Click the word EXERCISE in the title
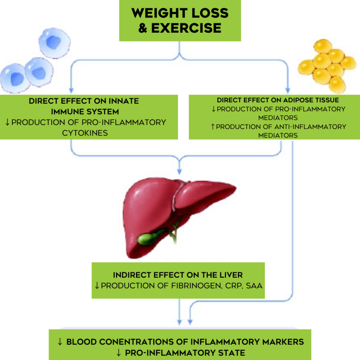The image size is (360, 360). pyautogui.click(x=186, y=28)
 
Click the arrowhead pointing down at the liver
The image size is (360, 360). pyautogui.click(x=180, y=172)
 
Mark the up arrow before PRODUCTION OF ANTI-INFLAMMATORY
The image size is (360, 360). pyautogui.click(x=213, y=127)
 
